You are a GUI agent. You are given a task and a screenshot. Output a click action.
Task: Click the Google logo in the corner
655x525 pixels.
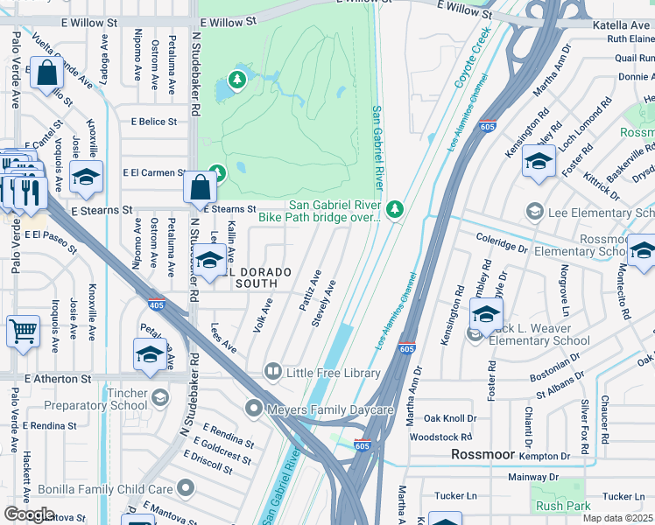click(29, 514)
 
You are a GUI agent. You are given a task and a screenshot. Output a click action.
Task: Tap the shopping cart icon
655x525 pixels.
click(23, 332)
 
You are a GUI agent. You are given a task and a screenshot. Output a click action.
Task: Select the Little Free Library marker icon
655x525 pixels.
click(272, 373)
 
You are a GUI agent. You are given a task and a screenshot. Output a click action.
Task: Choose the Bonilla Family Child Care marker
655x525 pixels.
click(185, 487)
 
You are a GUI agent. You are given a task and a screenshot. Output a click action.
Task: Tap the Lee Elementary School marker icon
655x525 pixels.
click(534, 212)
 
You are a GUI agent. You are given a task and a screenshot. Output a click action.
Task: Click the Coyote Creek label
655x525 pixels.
click(474, 60)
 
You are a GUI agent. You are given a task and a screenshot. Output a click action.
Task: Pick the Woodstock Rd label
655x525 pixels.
click(442, 436)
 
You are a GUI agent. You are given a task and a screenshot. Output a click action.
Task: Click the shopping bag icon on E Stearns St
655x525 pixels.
click(201, 186)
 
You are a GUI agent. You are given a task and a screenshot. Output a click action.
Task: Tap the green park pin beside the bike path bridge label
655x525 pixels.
click(396, 208)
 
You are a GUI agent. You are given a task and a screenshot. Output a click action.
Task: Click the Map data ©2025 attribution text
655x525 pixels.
click(616, 518)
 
